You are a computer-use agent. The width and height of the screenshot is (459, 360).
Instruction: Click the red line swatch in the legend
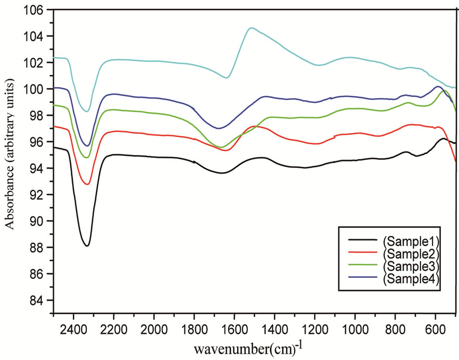tap(360, 254)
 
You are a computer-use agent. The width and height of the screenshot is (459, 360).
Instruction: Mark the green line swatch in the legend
tap(360, 266)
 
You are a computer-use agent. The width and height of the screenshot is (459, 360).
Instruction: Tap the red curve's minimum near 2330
tap(87, 184)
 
